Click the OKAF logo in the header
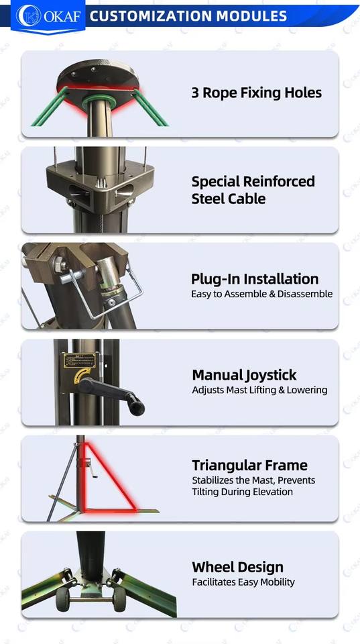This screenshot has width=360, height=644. pyautogui.click(x=48, y=16)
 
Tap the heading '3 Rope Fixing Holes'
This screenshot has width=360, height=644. pyautogui.click(x=257, y=93)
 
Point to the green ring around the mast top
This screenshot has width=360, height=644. pyautogui.click(x=98, y=101)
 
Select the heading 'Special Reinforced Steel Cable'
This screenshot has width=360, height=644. pyautogui.click(x=253, y=190)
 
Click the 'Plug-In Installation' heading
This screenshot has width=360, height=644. pyautogui.click(x=255, y=279)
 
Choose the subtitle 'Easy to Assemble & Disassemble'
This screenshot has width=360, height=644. pyautogui.click(x=261, y=294)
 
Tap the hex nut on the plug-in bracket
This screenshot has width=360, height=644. pyautogui.click(x=60, y=263)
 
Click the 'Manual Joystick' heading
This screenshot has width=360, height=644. pyautogui.click(x=244, y=375)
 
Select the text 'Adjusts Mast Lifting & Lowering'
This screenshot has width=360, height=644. pyautogui.click(x=259, y=390)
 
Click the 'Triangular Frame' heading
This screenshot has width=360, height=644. pyautogui.click(x=249, y=466)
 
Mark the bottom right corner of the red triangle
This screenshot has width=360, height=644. pyautogui.click(x=135, y=510)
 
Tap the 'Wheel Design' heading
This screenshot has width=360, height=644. pyautogui.click(x=238, y=568)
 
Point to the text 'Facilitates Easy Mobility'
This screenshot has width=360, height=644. pyautogui.click(x=243, y=582)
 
